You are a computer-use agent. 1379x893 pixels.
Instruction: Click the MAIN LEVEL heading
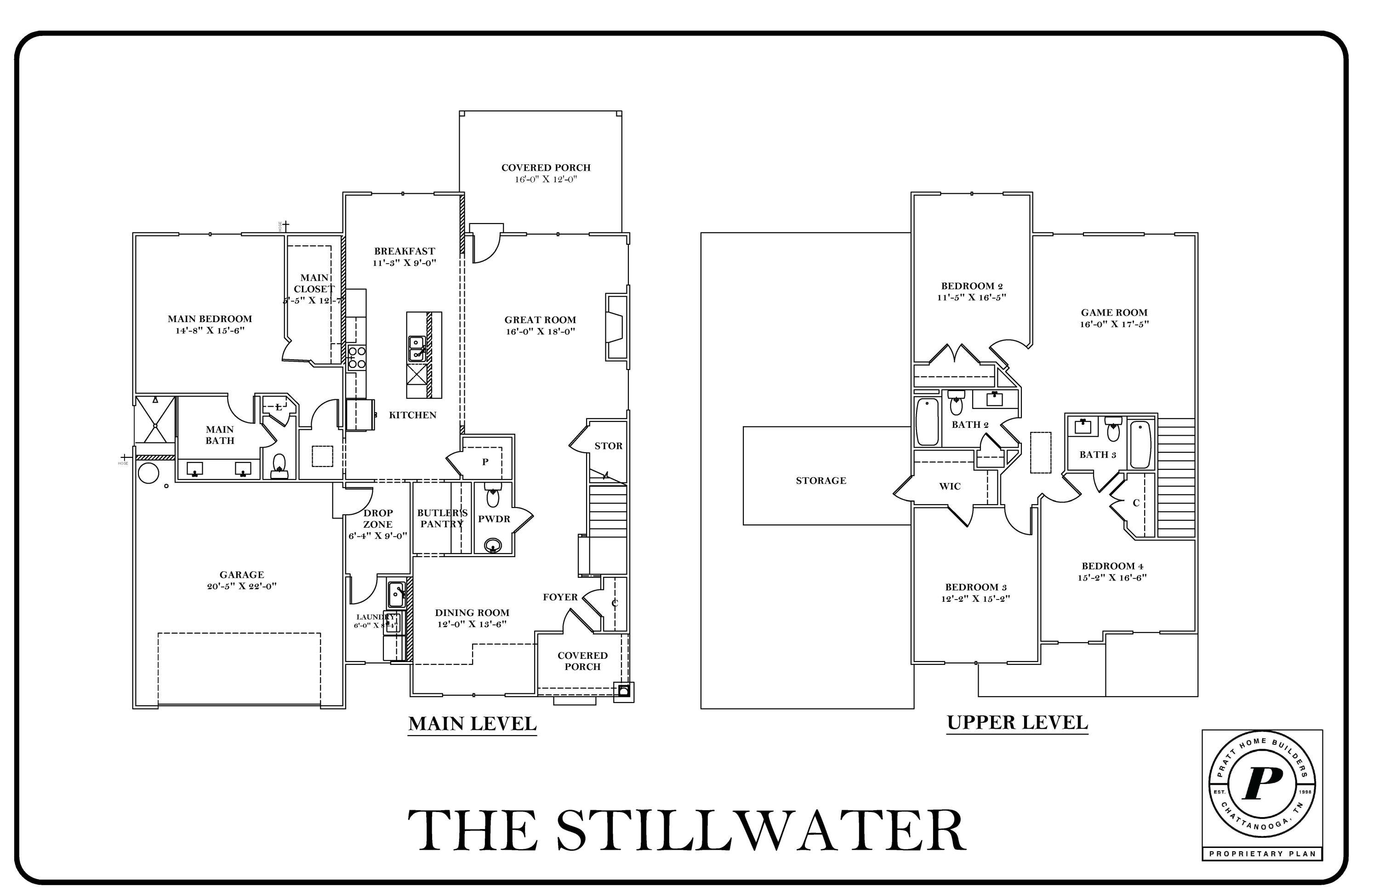point(472,724)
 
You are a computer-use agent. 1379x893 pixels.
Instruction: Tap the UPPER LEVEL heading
point(1017,722)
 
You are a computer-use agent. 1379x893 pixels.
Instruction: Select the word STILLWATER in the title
point(760,831)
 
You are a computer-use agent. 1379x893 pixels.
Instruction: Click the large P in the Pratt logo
point(1262,784)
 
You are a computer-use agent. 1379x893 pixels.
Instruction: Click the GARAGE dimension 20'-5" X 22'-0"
point(242,586)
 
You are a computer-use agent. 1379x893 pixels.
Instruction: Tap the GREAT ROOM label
point(540,319)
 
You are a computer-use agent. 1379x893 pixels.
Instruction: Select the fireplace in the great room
point(616,328)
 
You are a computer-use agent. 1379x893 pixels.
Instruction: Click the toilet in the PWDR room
point(492,497)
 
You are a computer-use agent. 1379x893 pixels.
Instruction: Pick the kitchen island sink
point(416,348)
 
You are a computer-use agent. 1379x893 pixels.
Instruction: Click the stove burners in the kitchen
point(356,357)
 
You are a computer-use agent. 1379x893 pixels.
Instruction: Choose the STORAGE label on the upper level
point(821,480)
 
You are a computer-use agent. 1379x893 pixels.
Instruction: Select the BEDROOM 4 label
point(1112,566)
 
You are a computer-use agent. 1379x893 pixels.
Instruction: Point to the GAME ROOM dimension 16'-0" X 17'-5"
point(1114,324)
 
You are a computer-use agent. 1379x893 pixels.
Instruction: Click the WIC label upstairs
point(950,486)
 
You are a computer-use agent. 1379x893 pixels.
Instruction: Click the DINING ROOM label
point(472,612)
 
